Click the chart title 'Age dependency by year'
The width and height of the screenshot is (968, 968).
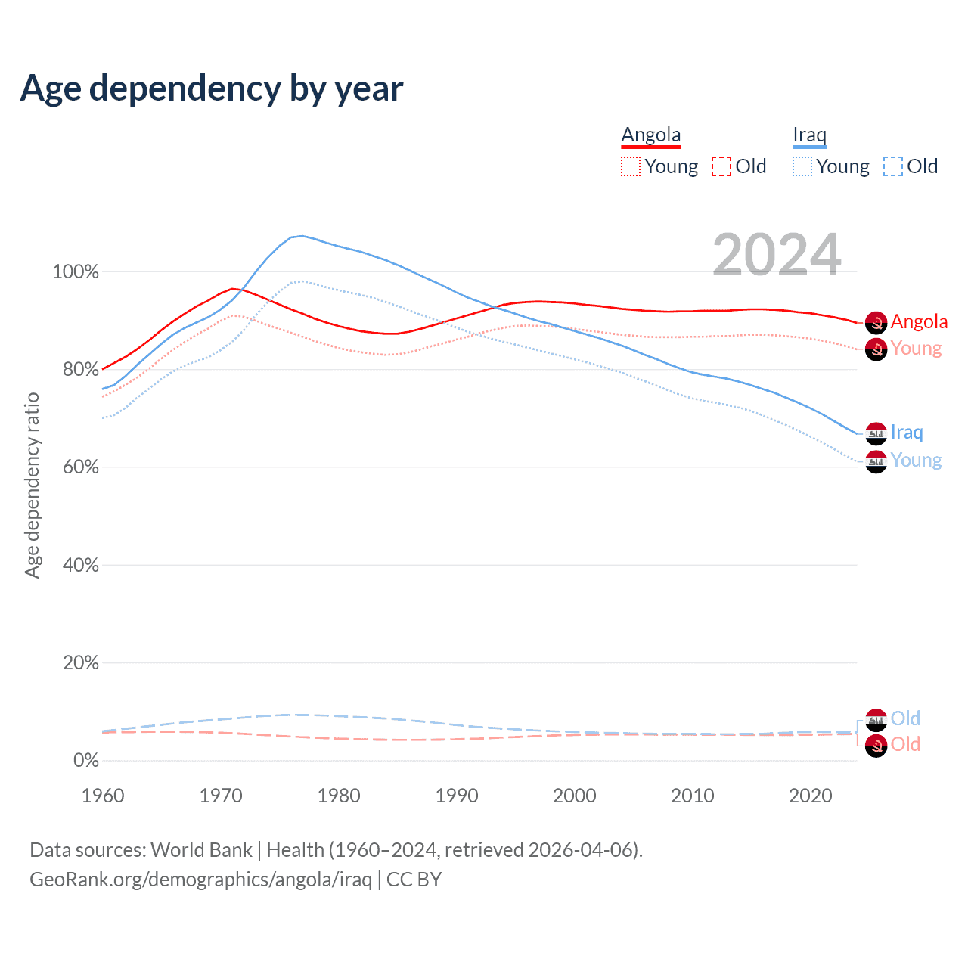coord(212,88)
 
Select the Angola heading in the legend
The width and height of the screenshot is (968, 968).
coord(651,135)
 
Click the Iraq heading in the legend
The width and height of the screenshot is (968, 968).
coord(809,135)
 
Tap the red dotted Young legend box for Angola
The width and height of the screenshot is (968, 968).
coord(631,166)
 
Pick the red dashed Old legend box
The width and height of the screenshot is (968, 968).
coord(721,166)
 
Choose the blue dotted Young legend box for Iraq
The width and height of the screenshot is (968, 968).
coord(802,166)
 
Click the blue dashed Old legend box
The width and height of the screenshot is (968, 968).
coord(893,166)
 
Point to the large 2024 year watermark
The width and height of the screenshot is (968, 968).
coord(777,255)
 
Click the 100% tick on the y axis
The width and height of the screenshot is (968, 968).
coord(76,271)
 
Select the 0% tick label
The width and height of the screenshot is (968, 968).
coord(85,760)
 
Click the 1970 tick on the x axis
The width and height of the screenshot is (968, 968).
coord(221,796)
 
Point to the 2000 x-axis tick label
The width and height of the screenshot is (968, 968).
coord(575,796)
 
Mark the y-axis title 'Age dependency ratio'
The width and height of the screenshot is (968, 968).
coord(32,485)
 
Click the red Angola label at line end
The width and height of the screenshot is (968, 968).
coord(919,321)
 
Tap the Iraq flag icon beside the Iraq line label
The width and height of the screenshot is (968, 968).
coord(876,433)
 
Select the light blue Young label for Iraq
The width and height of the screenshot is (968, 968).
coord(916,460)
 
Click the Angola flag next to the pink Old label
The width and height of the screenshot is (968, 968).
coord(876,746)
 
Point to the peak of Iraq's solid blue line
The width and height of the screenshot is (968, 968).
coord(302,236)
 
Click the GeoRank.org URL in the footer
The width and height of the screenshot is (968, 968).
coord(200,880)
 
